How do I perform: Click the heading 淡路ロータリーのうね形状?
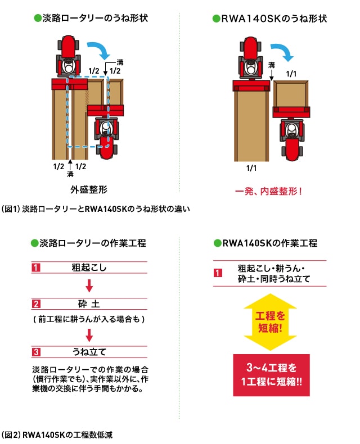(x=95, y=18)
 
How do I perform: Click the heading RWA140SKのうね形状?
(x=274, y=19)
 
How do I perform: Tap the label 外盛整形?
(x=89, y=189)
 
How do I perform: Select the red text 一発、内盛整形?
(x=268, y=192)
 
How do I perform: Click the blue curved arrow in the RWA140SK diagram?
(x=284, y=51)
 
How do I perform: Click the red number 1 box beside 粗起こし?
(x=35, y=268)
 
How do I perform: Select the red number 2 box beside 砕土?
(x=35, y=304)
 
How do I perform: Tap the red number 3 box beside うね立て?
(x=35, y=352)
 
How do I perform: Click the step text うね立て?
(x=89, y=352)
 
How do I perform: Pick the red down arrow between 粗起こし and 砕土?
(x=89, y=286)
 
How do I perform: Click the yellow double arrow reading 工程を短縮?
(x=270, y=322)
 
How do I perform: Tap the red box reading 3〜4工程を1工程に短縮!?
(x=271, y=375)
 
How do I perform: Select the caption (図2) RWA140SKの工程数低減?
(x=57, y=434)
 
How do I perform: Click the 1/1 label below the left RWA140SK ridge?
(x=251, y=168)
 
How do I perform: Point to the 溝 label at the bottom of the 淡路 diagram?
(x=70, y=174)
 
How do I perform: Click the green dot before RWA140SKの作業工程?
(x=218, y=243)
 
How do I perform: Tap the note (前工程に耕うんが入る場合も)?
(x=89, y=319)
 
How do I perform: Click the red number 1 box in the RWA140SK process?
(x=218, y=273)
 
